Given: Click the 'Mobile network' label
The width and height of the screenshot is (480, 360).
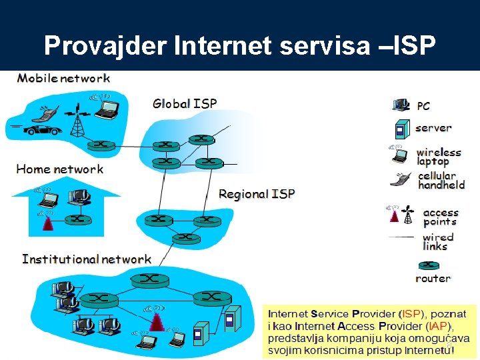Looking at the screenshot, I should (64, 78).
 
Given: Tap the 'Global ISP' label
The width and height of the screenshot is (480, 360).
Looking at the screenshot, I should (185, 103).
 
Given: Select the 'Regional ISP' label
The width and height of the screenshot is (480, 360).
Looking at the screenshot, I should (257, 194).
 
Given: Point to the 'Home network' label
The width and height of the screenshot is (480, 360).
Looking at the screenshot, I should (60, 169).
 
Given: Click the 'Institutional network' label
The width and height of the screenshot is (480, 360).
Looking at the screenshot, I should (87, 259).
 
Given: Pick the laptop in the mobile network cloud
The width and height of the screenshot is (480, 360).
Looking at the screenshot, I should (107, 108).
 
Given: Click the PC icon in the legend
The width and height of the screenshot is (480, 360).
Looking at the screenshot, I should (401, 105).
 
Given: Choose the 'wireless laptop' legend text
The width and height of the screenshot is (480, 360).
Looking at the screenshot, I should (439, 157).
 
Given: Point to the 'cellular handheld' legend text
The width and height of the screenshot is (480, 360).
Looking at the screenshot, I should (441, 180).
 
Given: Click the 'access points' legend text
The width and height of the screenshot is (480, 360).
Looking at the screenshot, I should (441, 217).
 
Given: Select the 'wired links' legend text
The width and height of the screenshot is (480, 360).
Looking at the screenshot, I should (438, 241).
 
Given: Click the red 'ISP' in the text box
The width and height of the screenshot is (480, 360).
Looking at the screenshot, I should (411, 313).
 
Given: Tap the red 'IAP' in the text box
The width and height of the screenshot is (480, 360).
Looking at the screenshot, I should (439, 326).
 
